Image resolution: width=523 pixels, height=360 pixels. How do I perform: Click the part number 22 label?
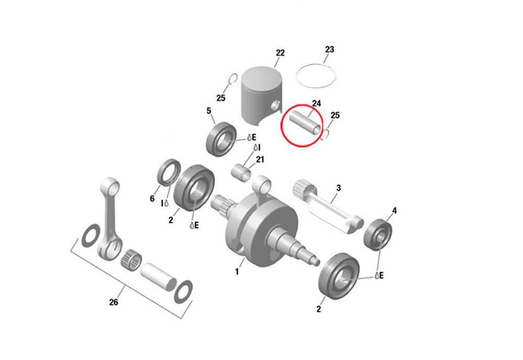pyautogui.click(x=280, y=53)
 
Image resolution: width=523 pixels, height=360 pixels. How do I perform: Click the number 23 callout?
pyautogui.click(x=329, y=50)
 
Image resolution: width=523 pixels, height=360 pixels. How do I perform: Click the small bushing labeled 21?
pyautogui.click(x=241, y=172)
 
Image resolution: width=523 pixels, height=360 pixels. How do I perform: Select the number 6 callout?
pyautogui.click(x=152, y=199)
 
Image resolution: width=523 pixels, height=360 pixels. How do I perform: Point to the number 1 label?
pyautogui.click(x=237, y=272)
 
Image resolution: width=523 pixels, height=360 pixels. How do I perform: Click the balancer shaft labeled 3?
pyautogui.click(x=329, y=204)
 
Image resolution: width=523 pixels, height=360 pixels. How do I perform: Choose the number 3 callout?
pyautogui.click(x=339, y=187)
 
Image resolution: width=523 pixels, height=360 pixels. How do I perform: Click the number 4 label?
pyautogui.click(x=394, y=211)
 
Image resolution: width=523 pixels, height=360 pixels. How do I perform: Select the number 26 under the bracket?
pyautogui.click(x=114, y=302)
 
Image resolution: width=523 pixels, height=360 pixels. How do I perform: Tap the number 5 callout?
pyautogui.click(x=209, y=111)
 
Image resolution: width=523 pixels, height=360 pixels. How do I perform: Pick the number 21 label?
pyautogui.click(x=260, y=160)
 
